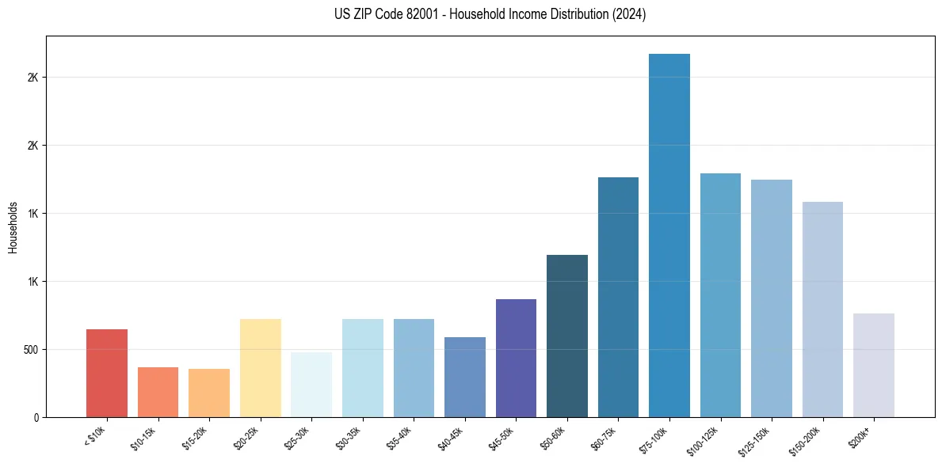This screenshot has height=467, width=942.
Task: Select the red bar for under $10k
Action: (x=107, y=373)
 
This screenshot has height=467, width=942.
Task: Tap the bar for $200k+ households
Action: (x=874, y=365)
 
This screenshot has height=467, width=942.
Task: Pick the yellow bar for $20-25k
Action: (x=261, y=368)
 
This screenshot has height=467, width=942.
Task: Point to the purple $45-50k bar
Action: (x=516, y=358)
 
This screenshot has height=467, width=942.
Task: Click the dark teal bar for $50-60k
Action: (x=567, y=336)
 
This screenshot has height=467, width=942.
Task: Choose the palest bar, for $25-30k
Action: (x=311, y=385)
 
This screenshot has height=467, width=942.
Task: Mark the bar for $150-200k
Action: (x=822, y=309)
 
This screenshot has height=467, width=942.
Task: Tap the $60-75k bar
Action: (x=618, y=297)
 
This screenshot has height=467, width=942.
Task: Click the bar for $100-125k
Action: (x=720, y=295)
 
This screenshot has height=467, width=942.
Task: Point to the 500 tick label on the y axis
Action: (x=30, y=350)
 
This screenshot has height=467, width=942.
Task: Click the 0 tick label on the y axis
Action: (x=36, y=417)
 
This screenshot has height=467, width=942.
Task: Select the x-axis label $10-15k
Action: (x=143, y=438)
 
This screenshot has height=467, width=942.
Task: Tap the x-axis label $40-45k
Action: (x=450, y=438)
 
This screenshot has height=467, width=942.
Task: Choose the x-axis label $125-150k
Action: (x=754, y=440)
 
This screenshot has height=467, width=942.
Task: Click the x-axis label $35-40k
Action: (x=399, y=438)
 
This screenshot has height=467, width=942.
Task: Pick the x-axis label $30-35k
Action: (x=348, y=438)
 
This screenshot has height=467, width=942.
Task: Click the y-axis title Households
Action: (x=13, y=227)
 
